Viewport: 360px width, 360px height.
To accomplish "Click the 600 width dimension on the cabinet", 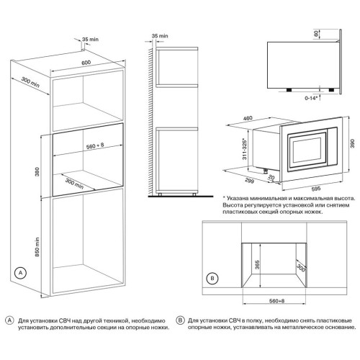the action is [86, 63].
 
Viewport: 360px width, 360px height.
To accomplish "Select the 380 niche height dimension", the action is [37, 171].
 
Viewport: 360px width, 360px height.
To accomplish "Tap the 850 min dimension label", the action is [37, 247].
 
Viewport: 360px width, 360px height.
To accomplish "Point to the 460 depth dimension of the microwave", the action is [248, 118].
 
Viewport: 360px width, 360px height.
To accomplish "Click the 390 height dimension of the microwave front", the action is [352, 143].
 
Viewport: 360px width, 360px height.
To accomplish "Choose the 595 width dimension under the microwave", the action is [316, 189].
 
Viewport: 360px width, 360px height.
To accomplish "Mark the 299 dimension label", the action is [249, 181].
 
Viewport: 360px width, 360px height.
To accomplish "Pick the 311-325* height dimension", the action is [245, 149].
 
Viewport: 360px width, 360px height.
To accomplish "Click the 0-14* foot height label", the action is [311, 98].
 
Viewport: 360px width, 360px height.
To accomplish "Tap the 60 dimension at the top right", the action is [316, 34].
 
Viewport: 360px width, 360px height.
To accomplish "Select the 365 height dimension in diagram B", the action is [257, 264].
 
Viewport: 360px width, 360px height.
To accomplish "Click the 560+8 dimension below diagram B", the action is [276, 301].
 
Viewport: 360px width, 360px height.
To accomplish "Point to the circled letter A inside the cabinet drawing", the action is [20, 273].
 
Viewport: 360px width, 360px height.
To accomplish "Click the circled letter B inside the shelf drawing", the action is [212, 279].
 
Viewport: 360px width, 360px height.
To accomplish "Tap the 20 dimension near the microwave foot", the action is [271, 177].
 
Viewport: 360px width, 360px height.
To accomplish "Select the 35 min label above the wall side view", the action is [160, 36].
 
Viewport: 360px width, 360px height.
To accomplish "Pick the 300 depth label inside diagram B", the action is [301, 268].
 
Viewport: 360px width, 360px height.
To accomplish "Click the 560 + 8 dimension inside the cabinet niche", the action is [95, 145].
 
